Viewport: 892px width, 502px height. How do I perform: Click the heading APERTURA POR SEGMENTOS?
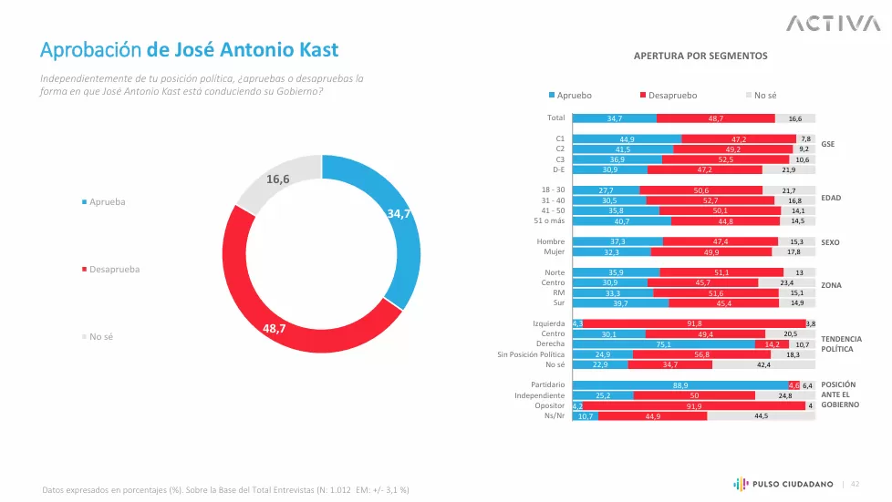pos(700,56)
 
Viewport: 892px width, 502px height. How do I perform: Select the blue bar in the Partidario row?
pos(679,385)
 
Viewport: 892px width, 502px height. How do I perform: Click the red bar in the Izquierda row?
pos(694,323)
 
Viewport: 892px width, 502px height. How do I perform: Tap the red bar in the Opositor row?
pos(694,405)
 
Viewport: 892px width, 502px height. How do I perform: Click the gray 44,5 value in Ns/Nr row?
pos(761,416)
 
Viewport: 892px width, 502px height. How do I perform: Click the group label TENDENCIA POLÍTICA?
pos(841,343)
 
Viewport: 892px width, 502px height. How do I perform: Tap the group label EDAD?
pos(831,198)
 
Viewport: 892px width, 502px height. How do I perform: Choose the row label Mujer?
pos(554,251)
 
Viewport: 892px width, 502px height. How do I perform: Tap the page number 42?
pos(855,484)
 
